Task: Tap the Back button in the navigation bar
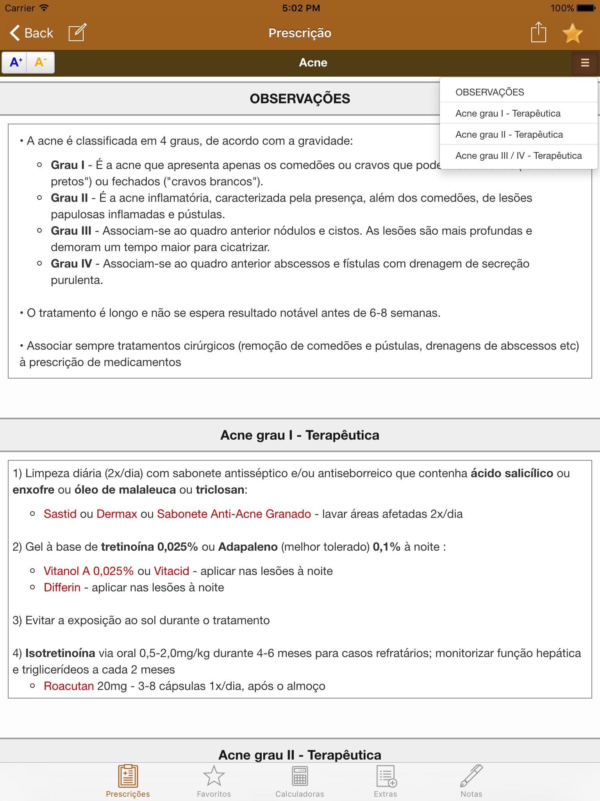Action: (31, 33)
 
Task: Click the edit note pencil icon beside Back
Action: (77, 32)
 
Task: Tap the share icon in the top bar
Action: (538, 32)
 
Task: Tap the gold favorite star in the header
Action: (572, 33)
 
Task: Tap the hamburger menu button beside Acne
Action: (585, 63)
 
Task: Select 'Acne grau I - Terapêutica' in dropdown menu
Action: (508, 113)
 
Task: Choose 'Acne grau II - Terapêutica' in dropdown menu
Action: (509, 135)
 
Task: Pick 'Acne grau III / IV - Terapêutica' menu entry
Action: (518, 156)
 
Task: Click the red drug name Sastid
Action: (60, 514)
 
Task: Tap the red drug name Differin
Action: (62, 587)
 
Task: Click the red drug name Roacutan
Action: (69, 686)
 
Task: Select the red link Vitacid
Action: (171, 571)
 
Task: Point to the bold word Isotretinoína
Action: (60, 653)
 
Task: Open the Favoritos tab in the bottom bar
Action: (214, 781)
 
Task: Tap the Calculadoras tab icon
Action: (300, 781)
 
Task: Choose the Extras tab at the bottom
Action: (386, 781)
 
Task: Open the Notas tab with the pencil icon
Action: (471, 781)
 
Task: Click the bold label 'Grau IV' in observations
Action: (71, 264)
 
